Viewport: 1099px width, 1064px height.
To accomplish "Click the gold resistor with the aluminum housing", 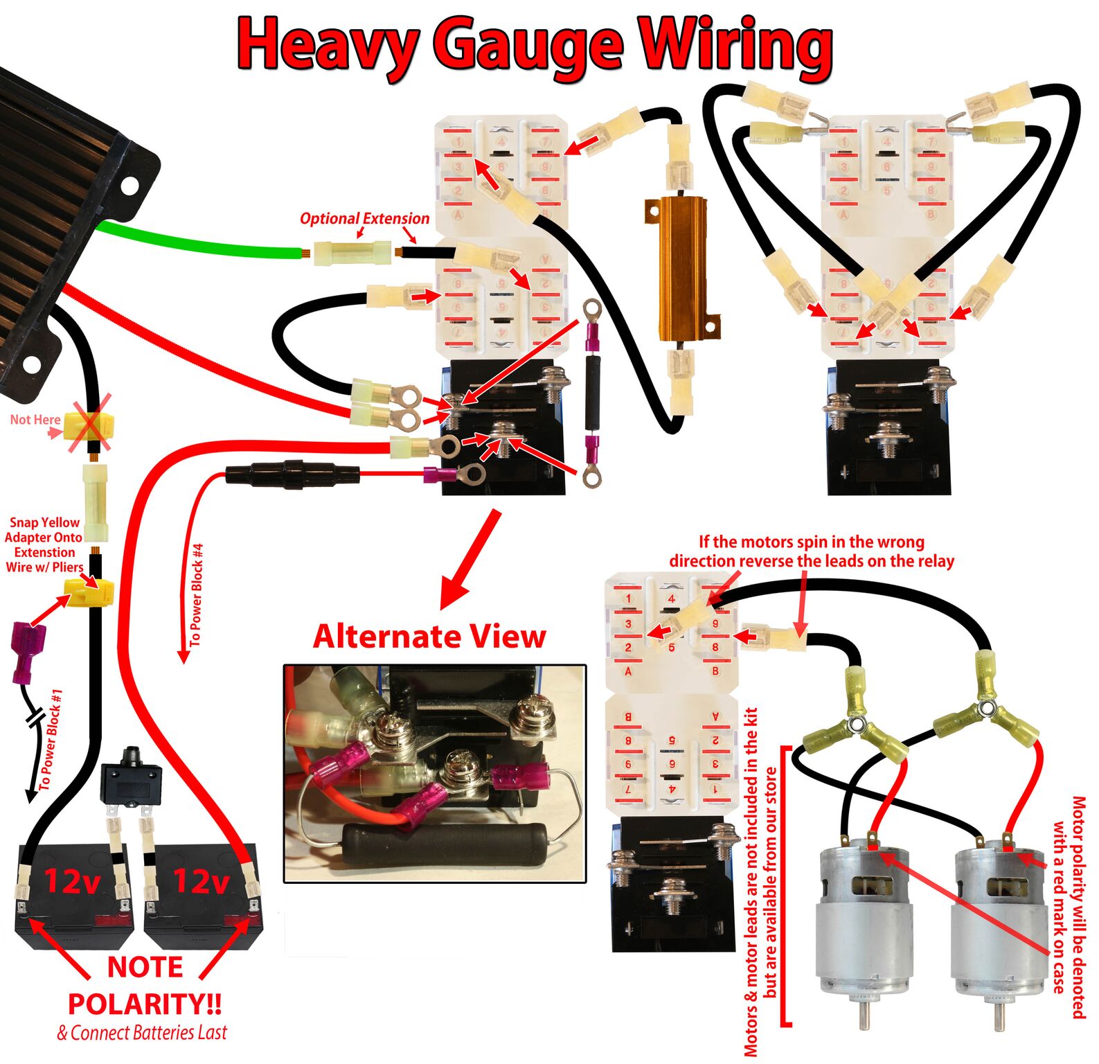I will pyautogui.click(x=682, y=270).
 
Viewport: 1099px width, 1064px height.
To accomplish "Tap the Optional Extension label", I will pyautogui.click(x=364, y=218).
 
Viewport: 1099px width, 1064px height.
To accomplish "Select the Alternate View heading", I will pyautogui.click(x=429, y=636).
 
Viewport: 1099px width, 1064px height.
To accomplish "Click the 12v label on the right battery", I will pyautogui.click(x=201, y=882).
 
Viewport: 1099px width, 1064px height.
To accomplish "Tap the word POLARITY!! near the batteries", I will pyautogui.click(x=145, y=1003).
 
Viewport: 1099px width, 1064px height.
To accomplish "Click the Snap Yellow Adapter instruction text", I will pyautogui.click(x=44, y=544).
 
